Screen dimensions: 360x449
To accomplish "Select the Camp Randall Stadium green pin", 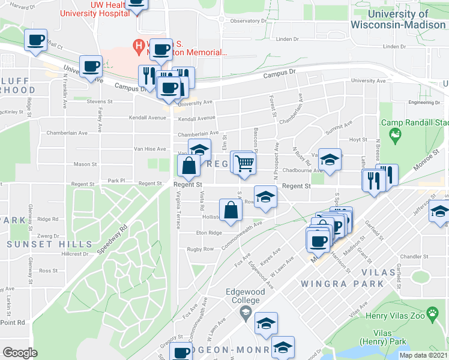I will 394,137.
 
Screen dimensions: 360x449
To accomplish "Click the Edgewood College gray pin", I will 245,313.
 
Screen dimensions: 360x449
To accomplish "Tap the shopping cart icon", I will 244,162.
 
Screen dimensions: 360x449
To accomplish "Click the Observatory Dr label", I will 247,20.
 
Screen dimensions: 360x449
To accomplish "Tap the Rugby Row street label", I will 200,249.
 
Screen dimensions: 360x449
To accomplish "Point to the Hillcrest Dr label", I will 75,254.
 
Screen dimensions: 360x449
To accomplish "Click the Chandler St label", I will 412,256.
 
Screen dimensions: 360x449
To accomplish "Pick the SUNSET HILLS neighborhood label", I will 50,244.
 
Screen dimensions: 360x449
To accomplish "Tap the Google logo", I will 20,352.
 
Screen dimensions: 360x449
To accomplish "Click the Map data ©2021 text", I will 423,355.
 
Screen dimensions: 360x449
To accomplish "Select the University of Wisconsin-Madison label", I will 398,19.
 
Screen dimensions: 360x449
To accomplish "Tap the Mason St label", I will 85,164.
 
